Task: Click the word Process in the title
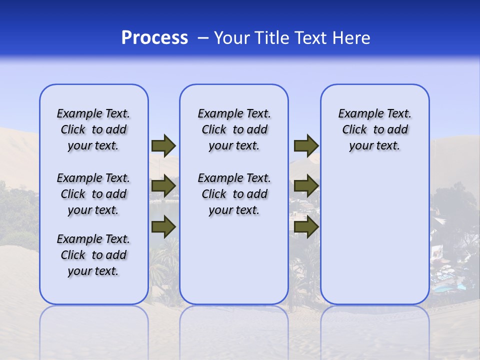pos(154,38)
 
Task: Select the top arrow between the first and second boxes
pos(163,146)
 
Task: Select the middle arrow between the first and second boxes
pos(163,186)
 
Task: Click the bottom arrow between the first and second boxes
pos(163,227)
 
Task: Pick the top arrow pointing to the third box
pos(306,146)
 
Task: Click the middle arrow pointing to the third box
pos(306,186)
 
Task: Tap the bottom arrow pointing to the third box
pos(306,227)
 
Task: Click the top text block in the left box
pos(93,129)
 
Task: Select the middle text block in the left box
pos(93,194)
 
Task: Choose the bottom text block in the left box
pos(93,255)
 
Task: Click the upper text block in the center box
pos(234,129)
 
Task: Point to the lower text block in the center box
pos(234,194)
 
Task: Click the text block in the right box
pos(375,129)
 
